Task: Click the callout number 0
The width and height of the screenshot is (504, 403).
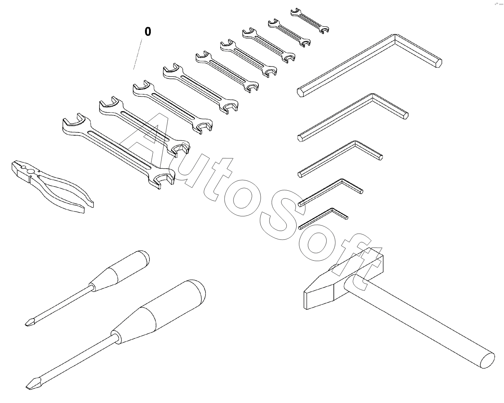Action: (148, 32)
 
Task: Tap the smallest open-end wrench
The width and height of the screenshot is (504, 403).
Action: (309, 21)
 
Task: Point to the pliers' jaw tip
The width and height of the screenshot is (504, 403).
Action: (13, 165)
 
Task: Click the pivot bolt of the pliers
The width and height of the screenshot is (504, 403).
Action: (30, 172)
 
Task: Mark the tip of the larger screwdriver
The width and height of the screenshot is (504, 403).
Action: (29, 388)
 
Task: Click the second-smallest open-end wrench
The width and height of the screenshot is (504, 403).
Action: (290, 33)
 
